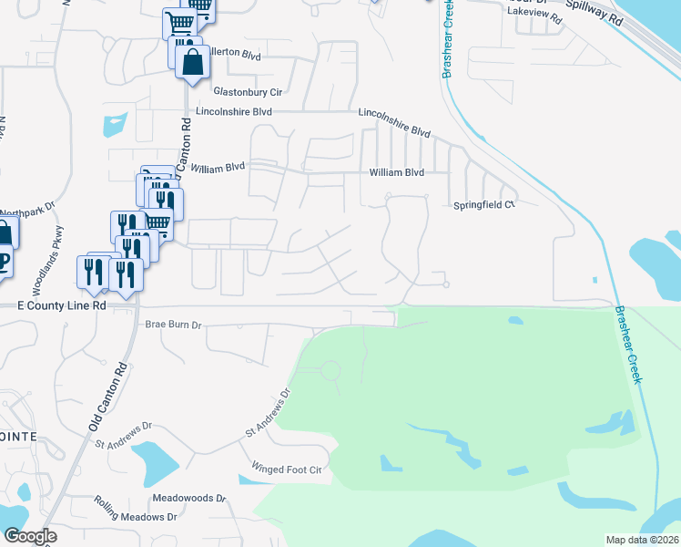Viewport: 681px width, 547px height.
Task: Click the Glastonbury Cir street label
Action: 249,91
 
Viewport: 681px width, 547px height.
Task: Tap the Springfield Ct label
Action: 484,205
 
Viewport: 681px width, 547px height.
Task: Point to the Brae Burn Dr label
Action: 172,324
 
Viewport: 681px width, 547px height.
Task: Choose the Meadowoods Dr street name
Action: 188,498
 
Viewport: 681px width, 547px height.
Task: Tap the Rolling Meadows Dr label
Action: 140,516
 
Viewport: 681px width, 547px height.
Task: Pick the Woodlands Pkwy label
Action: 46,260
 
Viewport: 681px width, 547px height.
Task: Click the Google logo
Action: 30,536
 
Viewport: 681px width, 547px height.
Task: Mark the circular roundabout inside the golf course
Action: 330,371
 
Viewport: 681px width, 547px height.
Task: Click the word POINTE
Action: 17,437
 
